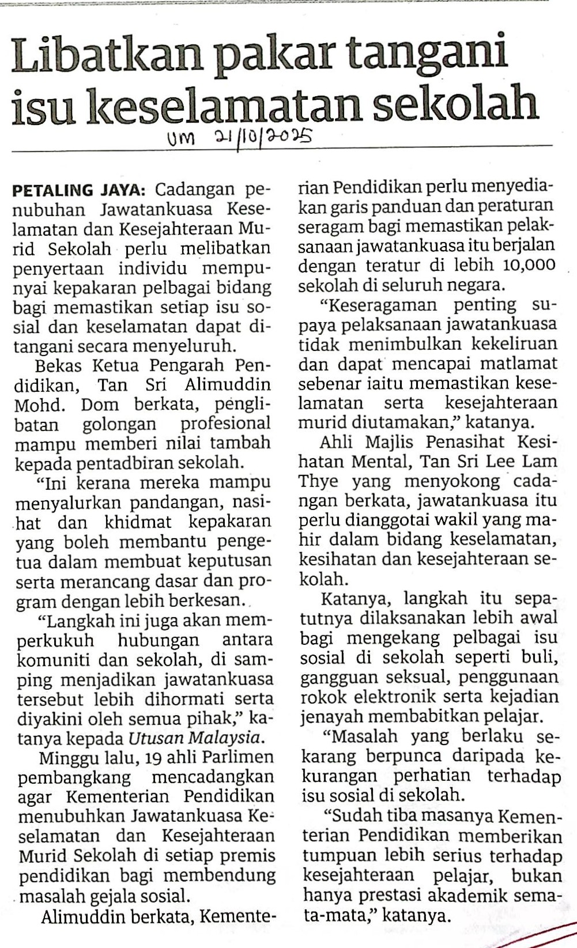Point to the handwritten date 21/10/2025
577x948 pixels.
coord(263,138)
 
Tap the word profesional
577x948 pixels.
coord(225,424)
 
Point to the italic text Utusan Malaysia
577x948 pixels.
coord(196,738)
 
